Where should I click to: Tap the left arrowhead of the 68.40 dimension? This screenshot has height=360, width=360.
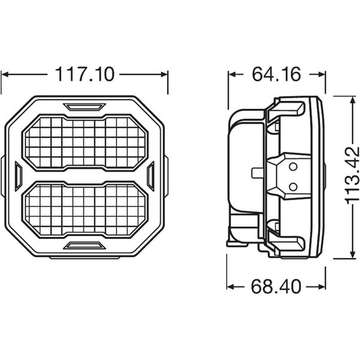point(230,286)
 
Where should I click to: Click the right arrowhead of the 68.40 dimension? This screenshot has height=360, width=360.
point(321,286)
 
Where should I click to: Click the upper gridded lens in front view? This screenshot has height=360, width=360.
point(85,142)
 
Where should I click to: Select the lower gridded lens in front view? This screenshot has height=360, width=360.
point(85,210)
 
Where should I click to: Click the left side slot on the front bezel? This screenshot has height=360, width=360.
point(18,176)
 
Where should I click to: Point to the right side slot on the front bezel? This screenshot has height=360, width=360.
point(151,176)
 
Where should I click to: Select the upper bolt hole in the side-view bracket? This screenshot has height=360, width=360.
point(293,166)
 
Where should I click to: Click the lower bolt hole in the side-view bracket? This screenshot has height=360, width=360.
point(293,186)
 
